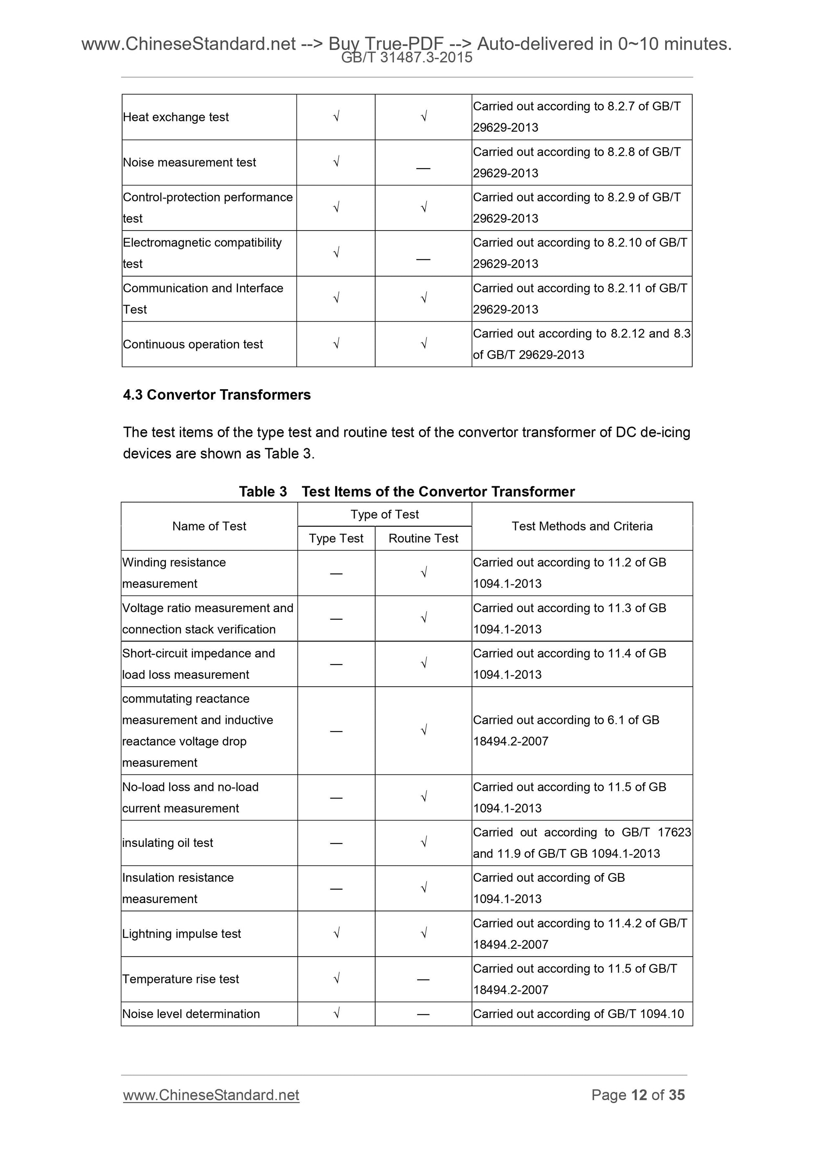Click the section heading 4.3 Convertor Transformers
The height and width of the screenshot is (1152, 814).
click(217, 395)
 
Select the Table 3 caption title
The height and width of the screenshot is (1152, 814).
click(407, 491)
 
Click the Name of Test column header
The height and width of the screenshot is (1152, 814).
click(209, 526)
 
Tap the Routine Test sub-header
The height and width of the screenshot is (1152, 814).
click(423, 539)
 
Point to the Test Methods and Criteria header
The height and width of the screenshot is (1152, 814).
click(582, 526)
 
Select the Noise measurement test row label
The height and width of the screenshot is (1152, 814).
click(189, 162)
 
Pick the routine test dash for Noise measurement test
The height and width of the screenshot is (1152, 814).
click(423, 169)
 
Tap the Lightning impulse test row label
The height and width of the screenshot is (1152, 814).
click(182, 934)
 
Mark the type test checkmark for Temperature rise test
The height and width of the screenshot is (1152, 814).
click(336, 978)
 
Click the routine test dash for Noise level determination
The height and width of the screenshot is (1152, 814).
click(423, 1014)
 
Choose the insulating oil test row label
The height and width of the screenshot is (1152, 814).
click(167, 843)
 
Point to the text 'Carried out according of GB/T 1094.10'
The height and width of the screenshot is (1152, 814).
click(578, 1014)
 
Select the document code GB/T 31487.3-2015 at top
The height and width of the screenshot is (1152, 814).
click(407, 58)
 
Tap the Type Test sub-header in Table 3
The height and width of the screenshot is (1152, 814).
click(336, 539)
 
